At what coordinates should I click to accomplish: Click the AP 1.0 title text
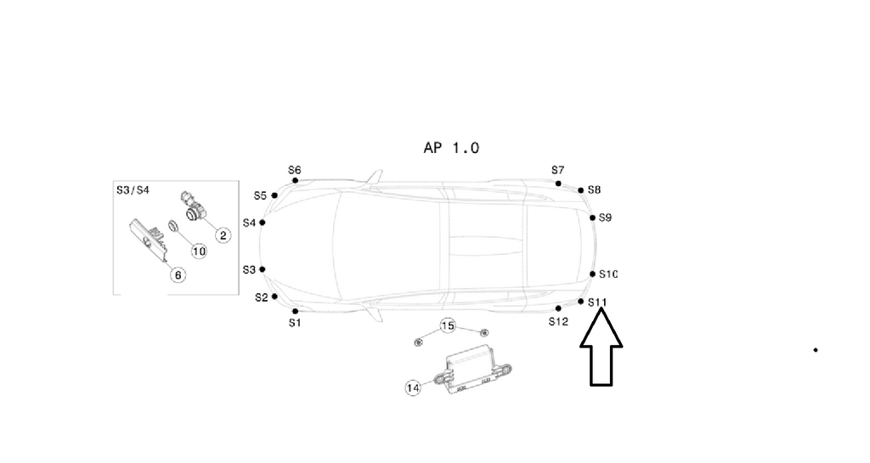(451, 148)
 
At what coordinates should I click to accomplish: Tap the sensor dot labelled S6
(295, 180)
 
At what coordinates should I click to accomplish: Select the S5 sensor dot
(274, 195)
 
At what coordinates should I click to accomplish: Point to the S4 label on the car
(249, 223)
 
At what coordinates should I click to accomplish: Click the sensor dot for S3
(263, 269)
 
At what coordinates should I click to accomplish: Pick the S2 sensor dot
(274, 296)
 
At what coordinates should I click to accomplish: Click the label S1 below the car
(294, 323)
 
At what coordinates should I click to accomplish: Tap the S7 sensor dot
(558, 184)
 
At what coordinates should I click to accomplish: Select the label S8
(594, 189)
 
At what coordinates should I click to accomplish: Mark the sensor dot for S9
(592, 217)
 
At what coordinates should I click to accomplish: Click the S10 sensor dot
(592, 274)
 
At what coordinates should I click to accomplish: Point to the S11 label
(597, 302)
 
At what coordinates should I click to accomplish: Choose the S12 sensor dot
(558, 308)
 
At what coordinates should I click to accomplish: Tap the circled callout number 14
(414, 387)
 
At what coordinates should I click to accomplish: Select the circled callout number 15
(448, 326)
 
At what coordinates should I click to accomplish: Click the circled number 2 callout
(223, 234)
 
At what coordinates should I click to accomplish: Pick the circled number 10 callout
(199, 251)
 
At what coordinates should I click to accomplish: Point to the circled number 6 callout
(178, 274)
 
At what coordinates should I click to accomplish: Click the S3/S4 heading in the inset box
(133, 190)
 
